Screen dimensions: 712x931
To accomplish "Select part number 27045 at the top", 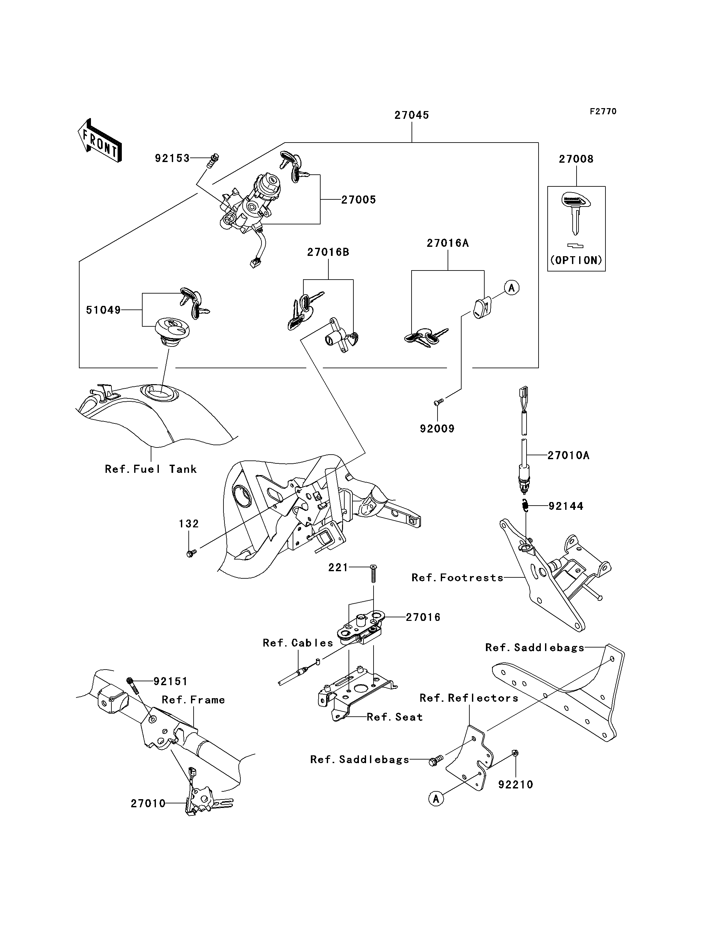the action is tap(412, 115).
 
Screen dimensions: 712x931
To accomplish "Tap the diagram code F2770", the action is tap(603, 111).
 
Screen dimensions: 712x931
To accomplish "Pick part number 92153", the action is tap(172, 158).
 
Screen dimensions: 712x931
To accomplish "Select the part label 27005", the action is tap(359, 200).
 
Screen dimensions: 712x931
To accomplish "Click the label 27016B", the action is tap(328, 252).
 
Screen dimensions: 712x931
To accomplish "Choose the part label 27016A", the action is tap(448, 243).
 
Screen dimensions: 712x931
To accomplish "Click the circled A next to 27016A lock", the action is tap(512, 288).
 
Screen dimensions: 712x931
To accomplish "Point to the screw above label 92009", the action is tap(438, 401).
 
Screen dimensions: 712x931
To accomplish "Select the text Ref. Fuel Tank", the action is tap(151, 469).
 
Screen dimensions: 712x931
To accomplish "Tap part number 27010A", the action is tap(568, 456).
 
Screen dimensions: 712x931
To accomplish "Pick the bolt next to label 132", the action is tap(191, 553).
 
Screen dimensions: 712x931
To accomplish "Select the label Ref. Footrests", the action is tap(458, 578).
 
